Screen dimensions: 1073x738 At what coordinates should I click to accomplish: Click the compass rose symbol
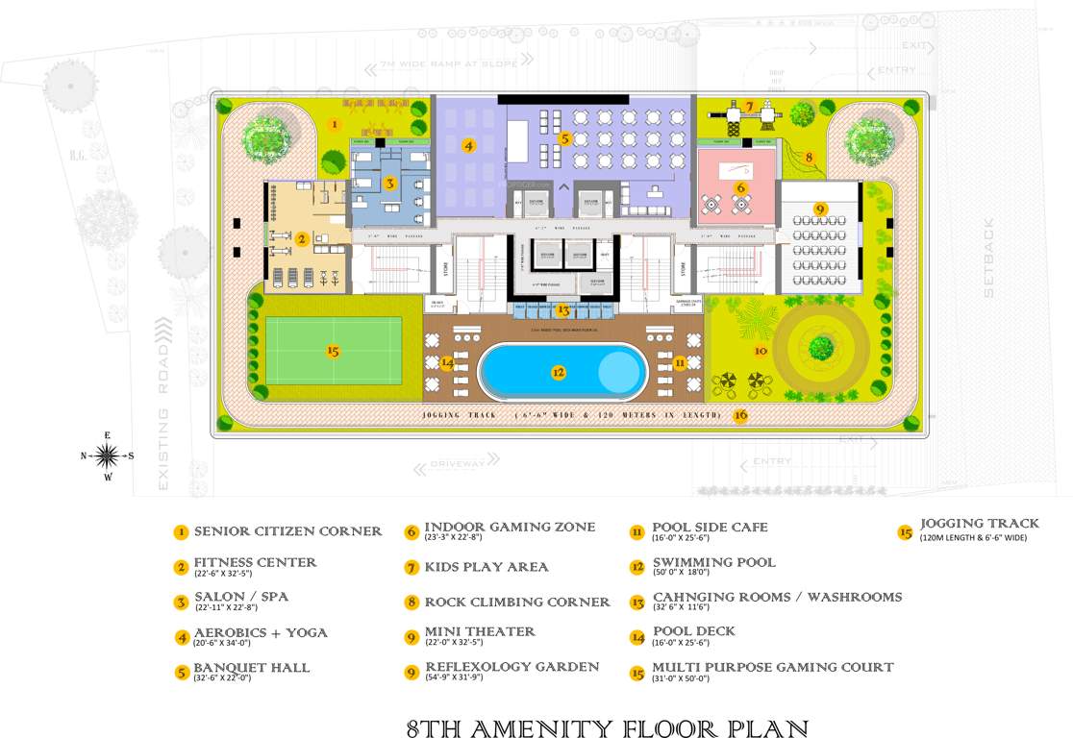pos(107,455)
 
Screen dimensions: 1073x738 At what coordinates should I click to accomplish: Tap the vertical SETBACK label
pos(989,257)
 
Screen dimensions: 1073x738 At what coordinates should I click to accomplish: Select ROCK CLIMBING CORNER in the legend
pos(517,603)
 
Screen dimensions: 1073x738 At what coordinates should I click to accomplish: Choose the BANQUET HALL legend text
pos(252,668)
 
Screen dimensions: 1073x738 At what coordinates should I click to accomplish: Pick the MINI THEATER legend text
pos(480,632)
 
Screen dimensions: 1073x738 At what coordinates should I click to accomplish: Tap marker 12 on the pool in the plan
pos(558,372)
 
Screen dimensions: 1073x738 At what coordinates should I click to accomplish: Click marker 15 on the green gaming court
pos(333,351)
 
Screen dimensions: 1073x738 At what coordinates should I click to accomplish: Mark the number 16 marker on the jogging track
pos(739,416)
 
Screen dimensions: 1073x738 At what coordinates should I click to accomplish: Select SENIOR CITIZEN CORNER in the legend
pos(287,531)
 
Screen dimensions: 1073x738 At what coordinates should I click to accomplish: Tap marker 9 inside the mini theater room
pos(819,208)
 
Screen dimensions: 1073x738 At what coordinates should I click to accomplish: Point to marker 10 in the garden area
pos(761,351)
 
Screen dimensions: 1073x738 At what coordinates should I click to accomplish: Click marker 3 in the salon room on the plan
pos(389,183)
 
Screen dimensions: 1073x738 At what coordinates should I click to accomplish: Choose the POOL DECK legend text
pos(693,631)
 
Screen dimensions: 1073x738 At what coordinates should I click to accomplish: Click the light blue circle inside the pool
pos(617,371)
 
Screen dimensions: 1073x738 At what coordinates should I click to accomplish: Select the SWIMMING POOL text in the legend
pos(713,562)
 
